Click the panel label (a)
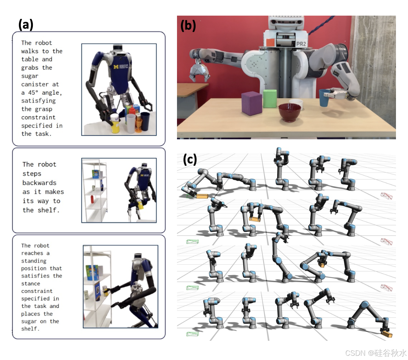point(26,24)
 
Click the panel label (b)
point(188,25)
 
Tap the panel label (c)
point(190,159)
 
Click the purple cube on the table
point(252,103)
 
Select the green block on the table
point(270,98)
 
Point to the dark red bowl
point(290,112)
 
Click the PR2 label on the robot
point(301,44)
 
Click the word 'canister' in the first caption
point(35,84)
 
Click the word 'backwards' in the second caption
point(39,183)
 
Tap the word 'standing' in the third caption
point(34,261)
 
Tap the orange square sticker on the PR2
point(270,43)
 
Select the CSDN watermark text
point(375,353)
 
